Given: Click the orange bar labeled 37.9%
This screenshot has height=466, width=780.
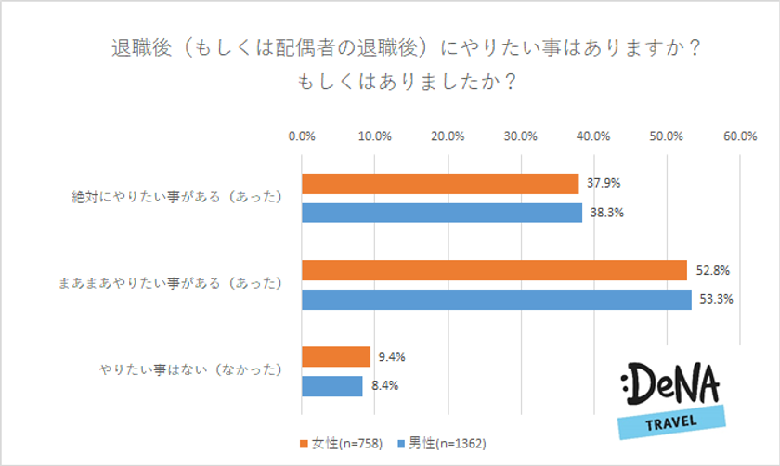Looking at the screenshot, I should (439, 184).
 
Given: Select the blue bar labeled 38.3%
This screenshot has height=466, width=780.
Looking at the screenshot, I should (441, 213).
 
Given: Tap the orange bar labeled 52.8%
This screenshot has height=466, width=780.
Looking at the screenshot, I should (494, 270).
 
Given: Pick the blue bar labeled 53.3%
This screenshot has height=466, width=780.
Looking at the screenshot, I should (496, 299).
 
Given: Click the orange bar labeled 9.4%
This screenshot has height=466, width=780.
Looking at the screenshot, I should (335, 356).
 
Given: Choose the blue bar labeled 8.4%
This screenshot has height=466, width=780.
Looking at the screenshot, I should (331, 385).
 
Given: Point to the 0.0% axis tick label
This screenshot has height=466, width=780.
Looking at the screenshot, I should (302, 136).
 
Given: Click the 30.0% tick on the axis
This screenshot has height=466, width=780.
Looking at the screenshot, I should (521, 136).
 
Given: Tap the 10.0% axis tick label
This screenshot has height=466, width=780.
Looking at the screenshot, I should (374, 136).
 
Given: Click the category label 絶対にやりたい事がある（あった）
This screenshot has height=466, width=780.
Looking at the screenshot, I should (176, 198).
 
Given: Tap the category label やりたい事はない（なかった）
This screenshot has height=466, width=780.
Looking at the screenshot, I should (189, 370).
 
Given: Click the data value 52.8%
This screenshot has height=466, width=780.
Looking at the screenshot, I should (711, 271).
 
